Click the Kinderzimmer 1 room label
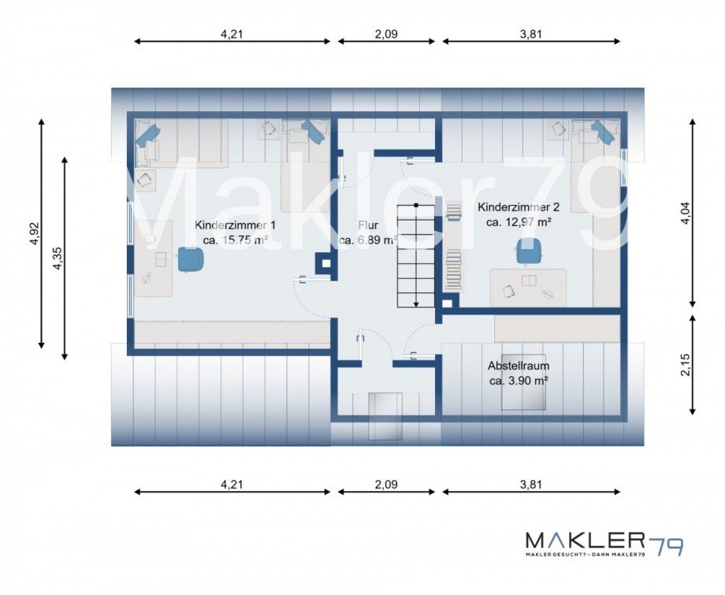[235, 225]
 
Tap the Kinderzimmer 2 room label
[519, 206]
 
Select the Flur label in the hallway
[368, 225]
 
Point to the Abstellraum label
[519, 366]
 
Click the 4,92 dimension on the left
[35, 233]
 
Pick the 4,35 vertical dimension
[58, 258]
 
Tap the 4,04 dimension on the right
[686, 213]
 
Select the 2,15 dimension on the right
[686, 365]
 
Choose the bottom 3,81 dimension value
[531, 485]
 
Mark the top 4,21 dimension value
[232, 34]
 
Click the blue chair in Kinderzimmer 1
[191, 260]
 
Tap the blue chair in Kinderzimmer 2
[529, 250]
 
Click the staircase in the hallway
[415, 255]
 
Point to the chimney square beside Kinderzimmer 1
[324, 263]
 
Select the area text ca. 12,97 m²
[519, 222]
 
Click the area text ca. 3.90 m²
[519, 381]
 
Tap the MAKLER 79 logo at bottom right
[604, 543]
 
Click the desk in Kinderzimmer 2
[529, 287]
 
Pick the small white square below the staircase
[447, 303]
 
